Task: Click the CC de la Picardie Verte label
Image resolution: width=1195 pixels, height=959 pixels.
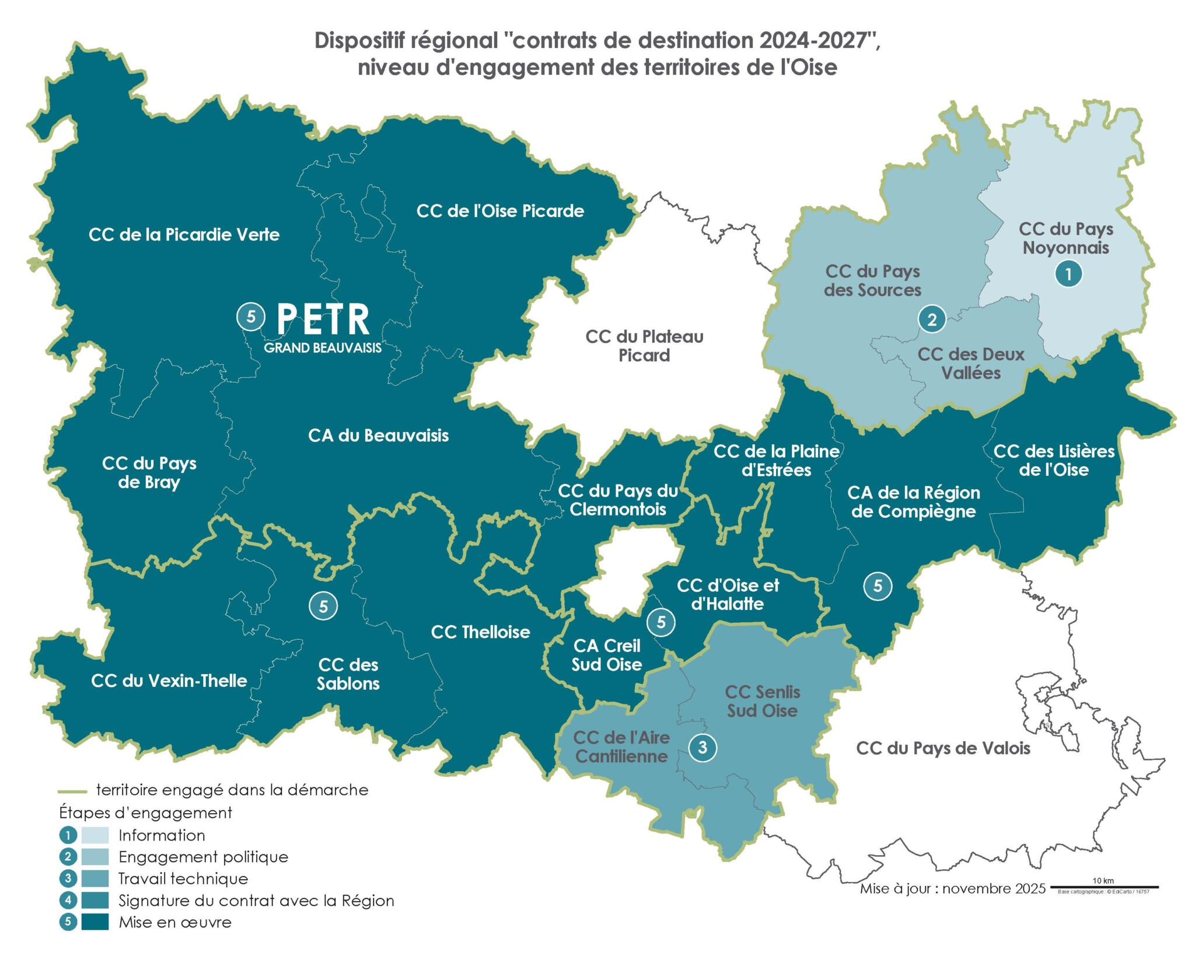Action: [x=184, y=235]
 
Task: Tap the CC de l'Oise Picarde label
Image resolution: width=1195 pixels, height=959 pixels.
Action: [x=500, y=211]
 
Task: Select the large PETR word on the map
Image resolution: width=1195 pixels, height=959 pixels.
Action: [x=323, y=319]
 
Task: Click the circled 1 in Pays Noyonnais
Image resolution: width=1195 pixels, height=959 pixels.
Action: [x=1068, y=274]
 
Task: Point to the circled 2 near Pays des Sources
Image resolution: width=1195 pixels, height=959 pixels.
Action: [x=932, y=319]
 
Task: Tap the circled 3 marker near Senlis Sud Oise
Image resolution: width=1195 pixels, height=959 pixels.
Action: [x=703, y=747]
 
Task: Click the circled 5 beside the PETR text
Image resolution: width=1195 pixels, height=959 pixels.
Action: [x=251, y=317]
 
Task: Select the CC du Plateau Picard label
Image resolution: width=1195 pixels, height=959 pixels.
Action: [x=644, y=346]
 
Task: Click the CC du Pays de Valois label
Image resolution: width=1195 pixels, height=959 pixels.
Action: [x=943, y=748]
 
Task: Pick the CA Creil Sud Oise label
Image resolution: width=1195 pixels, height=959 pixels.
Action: [x=607, y=655]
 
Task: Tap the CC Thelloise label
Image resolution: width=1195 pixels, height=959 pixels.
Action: [x=480, y=632]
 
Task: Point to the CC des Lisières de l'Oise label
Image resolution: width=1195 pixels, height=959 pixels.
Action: [x=1054, y=460]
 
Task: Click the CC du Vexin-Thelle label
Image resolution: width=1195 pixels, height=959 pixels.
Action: [x=169, y=681]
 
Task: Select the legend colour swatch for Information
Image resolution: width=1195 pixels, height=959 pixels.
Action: [x=95, y=835]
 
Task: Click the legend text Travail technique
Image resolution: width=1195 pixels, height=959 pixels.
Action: [x=183, y=878]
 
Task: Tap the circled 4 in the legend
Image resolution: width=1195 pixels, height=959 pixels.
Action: [x=68, y=900]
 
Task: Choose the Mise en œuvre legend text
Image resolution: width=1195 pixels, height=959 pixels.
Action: [x=175, y=922]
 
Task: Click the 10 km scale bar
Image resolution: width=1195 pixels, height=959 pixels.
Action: [x=1105, y=887]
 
